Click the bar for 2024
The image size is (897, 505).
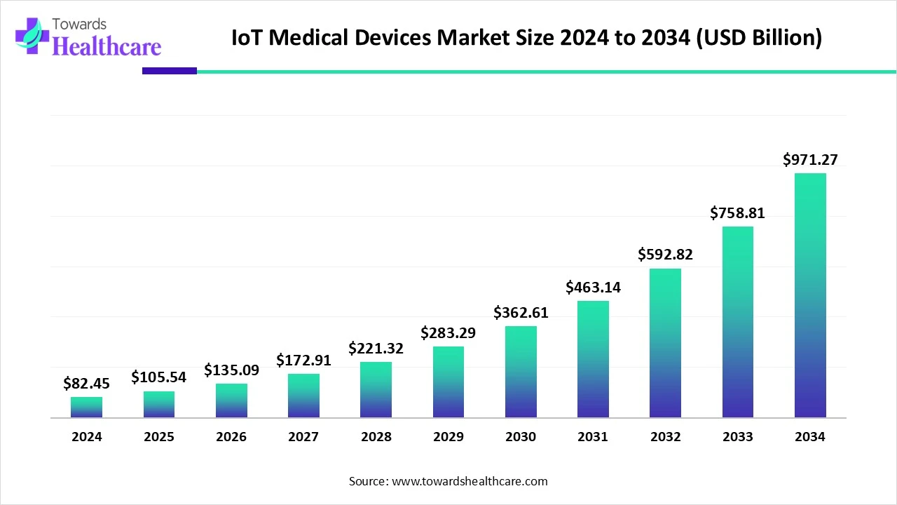point(86,408)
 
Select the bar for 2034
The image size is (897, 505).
point(810,295)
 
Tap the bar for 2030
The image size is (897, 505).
point(521,372)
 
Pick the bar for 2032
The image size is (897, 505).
point(665,343)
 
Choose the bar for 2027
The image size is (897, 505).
point(303,396)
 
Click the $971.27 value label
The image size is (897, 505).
point(810,160)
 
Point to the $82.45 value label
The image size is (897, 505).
point(86,383)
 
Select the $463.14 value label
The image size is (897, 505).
point(593,287)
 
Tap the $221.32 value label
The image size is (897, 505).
point(376,348)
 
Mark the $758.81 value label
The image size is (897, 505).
point(737,213)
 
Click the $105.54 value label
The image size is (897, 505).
point(158,377)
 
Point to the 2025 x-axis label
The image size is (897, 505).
point(158,437)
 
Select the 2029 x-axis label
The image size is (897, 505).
point(448,437)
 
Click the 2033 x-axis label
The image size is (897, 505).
point(737,437)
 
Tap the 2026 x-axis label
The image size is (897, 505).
point(231,437)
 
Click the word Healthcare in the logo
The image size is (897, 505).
point(107,46)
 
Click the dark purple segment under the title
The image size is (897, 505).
point(170,71)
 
